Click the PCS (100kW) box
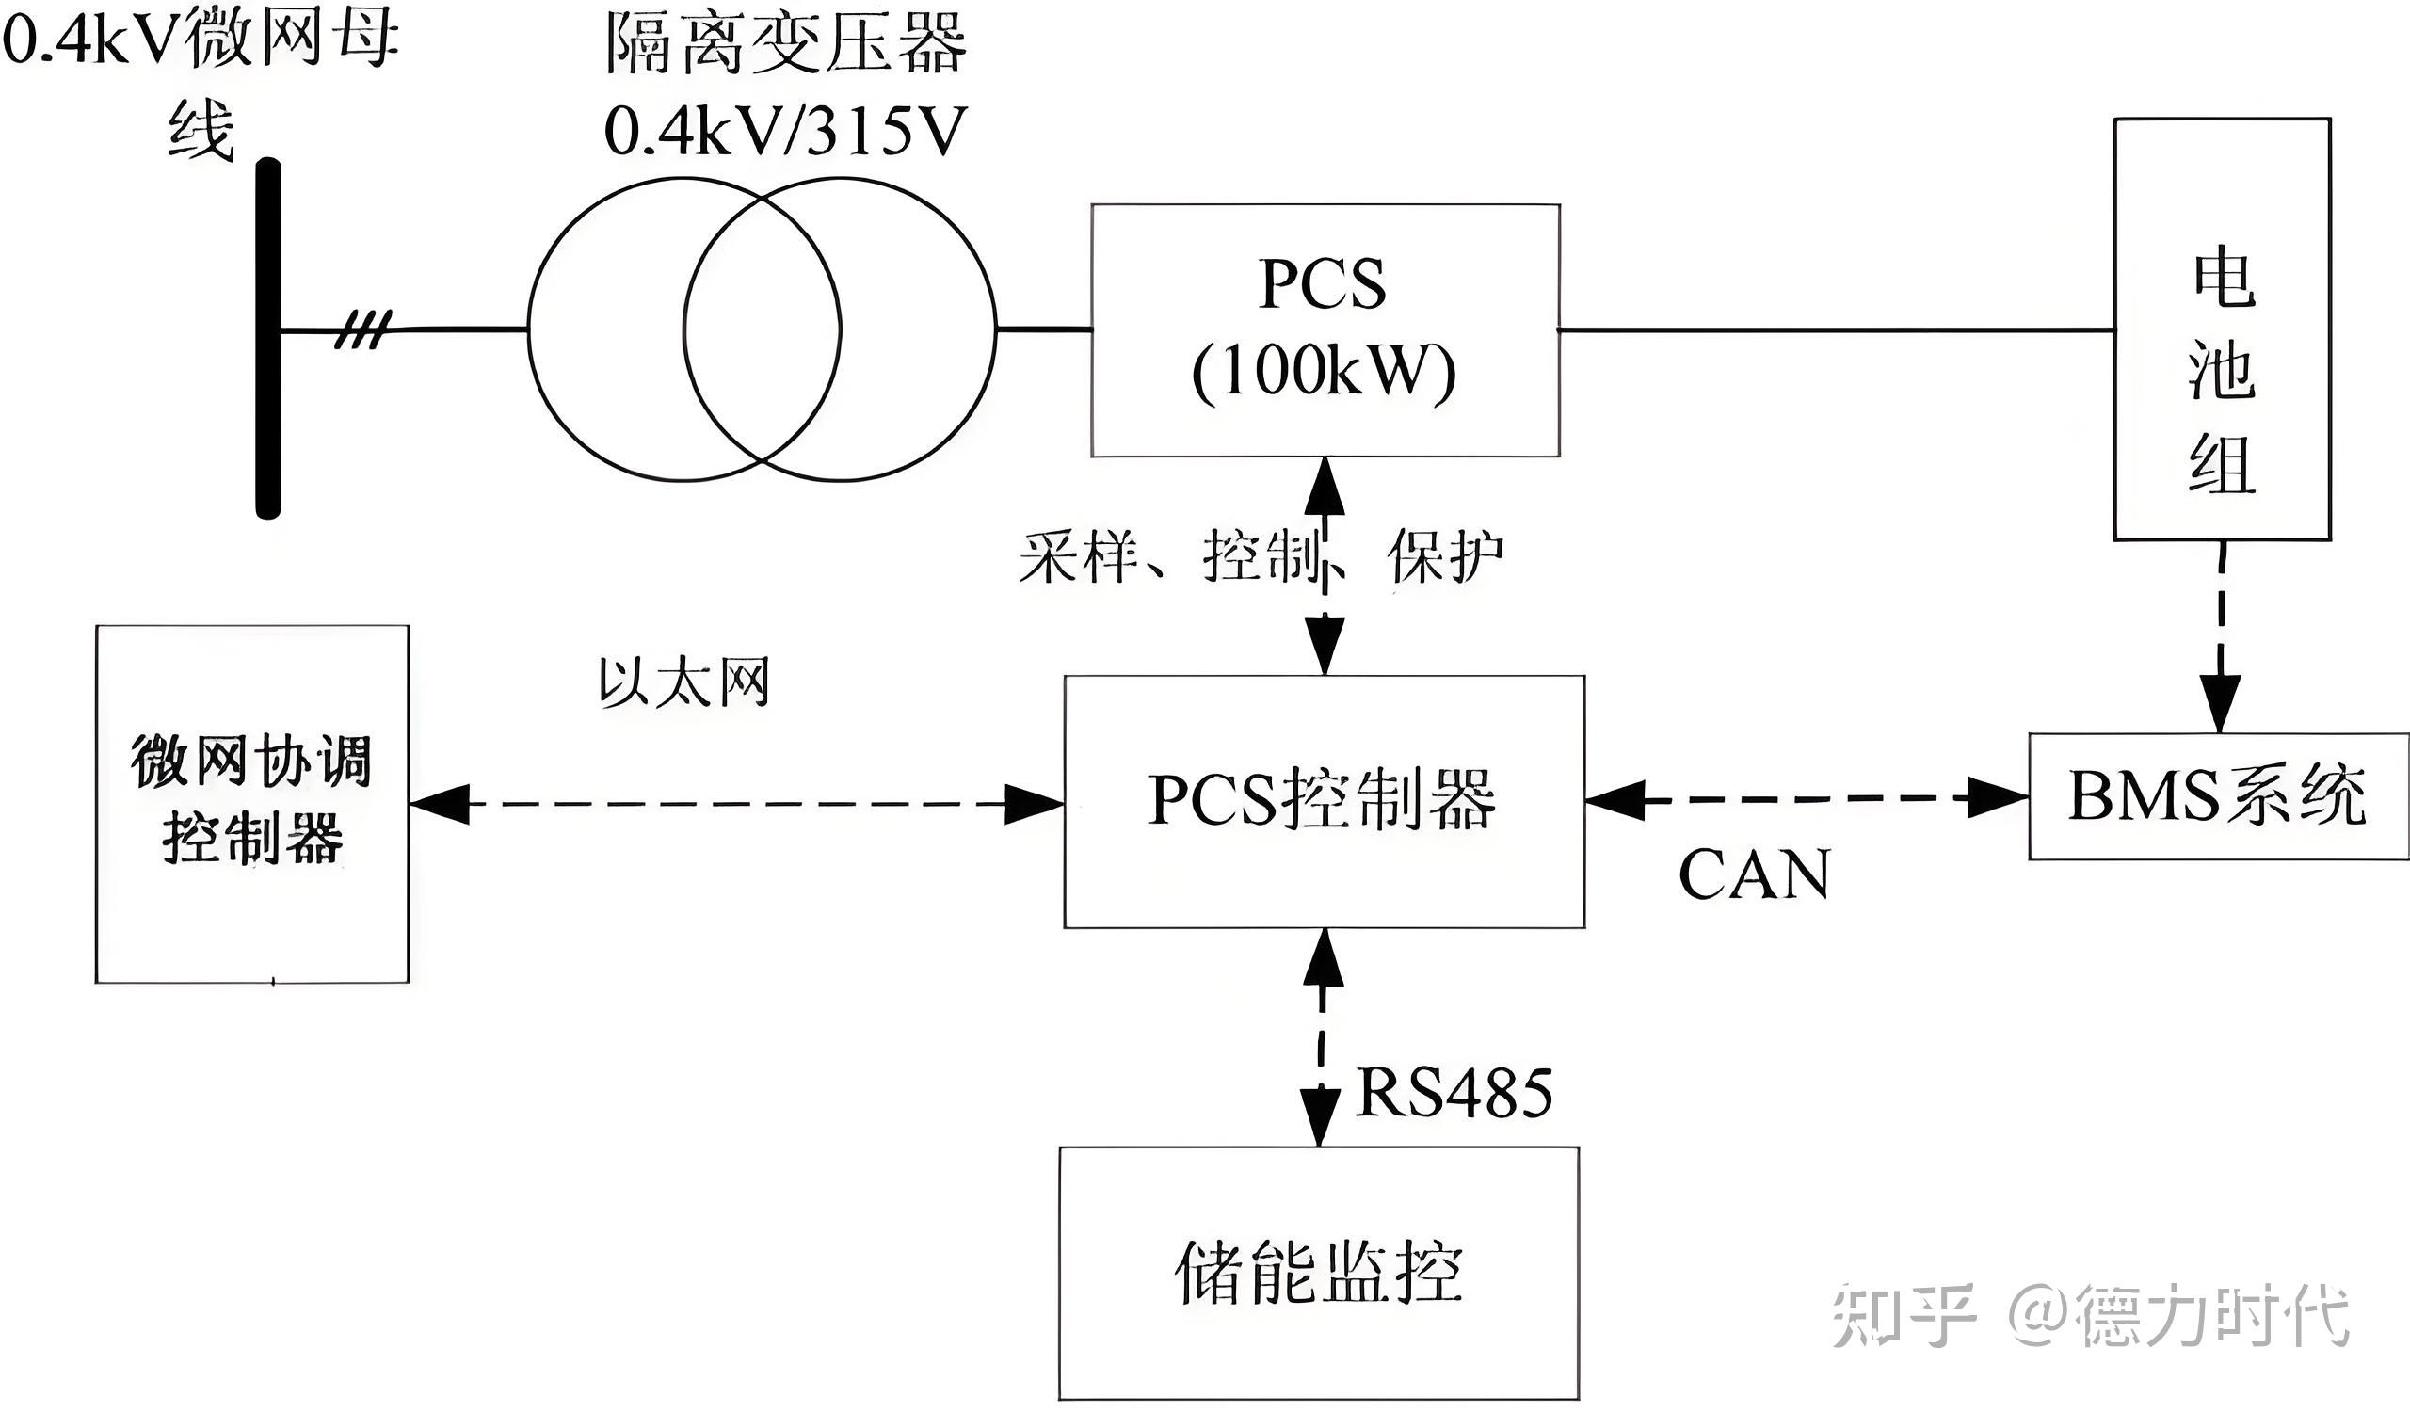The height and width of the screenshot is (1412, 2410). tap(1325, 329)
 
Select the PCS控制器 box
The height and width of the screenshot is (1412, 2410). tap(1324, 801)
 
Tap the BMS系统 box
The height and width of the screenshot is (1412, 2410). tap(2218, 796)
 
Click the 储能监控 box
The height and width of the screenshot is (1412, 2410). tap(1318, 1273)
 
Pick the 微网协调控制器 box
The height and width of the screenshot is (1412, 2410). tap(252, 804)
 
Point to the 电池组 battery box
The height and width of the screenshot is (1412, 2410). tap(2222, 329)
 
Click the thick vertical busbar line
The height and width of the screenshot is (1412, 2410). tap(268, 340)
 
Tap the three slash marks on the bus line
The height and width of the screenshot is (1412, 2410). tap(363, 329)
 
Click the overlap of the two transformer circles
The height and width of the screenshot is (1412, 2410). tap(763, 329)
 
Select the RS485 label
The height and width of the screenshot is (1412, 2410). tap(1454, 1092)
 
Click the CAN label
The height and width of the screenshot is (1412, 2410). tap(1754, 874)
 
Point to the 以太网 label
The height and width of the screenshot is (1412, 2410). tap(683, 682)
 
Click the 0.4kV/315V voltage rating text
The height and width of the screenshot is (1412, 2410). tap(786, 131)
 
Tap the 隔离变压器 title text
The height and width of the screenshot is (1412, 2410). tap(786, 45)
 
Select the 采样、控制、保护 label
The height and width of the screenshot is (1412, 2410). tap(1261, 556)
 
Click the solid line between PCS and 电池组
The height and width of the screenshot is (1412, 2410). tap(1836, 329)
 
